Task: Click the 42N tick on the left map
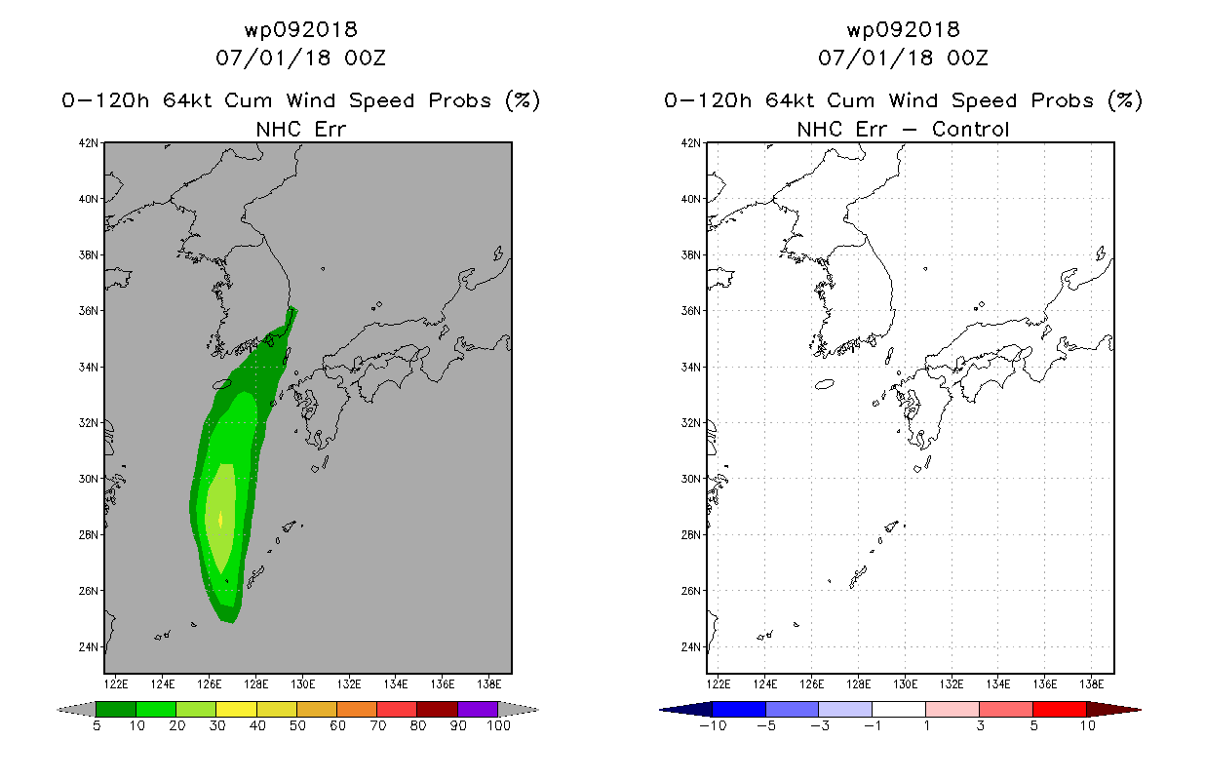coord(89,143)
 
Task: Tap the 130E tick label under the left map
coord(302,684)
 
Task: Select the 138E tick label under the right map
coord(1092,684)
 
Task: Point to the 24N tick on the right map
coord(691,646)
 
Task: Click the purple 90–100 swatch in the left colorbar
coord(478,709)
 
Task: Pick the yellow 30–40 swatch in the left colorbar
coord(237,709)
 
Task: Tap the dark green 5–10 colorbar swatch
coord(116,709)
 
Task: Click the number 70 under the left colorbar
coord(377,725)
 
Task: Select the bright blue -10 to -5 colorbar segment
coord(739,709)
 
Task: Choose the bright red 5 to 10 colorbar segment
coord(1060,709)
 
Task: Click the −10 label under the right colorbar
coord(713,725)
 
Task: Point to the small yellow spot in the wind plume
coord(220,519)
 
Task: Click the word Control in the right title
coord(970,129)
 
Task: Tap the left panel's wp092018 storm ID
coord(301,30)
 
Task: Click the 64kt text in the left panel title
coord(187,100)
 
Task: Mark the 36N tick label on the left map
coord(89,311)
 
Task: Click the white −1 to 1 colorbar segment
coord(899,709)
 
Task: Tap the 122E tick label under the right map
coord(719,684)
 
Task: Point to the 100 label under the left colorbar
coord(498,725)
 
